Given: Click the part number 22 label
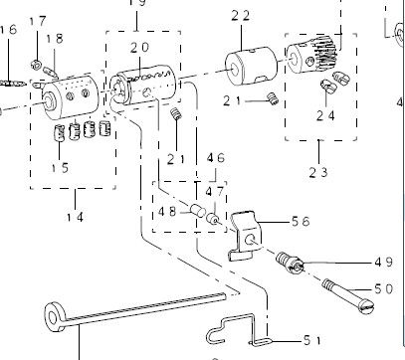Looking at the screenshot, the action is [x=241, y=16].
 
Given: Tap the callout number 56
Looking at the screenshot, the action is [x=301, y=222].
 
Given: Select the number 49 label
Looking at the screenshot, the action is [x=384, y=263].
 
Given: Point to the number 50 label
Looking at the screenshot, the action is [x=384, y=289].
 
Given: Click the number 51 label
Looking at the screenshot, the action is [x=312, y=340].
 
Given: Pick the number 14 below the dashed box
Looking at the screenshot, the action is [x=75, y=218].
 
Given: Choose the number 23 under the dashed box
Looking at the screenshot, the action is [x=318, y=172].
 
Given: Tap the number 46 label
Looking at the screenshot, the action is [x=216, y=158].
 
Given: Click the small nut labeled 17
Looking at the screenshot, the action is [x=36, y=65].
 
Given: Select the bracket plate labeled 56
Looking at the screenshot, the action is [x=246, y=236].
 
